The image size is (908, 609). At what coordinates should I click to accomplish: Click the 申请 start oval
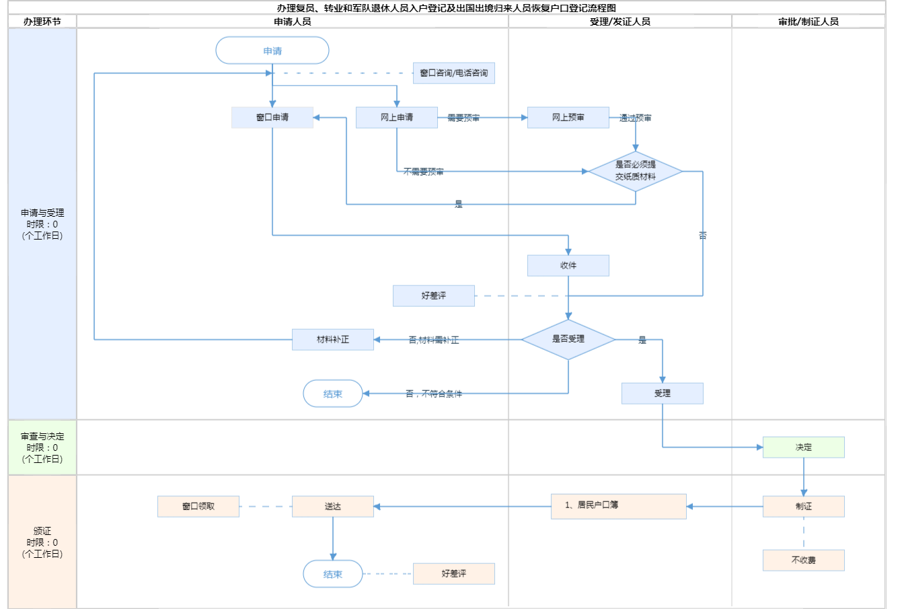(272, 50)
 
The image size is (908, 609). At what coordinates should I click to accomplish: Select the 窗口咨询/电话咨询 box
(454, 73)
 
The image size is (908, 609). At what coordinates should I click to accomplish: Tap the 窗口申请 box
(272, 117)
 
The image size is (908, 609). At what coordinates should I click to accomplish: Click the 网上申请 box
(397, 117)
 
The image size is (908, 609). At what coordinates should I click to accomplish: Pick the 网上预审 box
(568, 117)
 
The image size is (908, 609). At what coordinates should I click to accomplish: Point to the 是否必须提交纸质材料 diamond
(636, 171)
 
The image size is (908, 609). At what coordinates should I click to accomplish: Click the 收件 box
(568, 265)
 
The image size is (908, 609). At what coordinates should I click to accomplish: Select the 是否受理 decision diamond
(568, 339)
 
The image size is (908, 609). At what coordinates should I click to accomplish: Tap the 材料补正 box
(333, 339)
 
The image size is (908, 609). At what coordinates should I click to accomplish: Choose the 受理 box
(663, 393)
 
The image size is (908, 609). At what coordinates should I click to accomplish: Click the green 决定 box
(804, 447)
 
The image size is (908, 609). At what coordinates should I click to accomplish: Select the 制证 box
(804, 506)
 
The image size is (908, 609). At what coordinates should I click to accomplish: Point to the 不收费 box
(804, 560)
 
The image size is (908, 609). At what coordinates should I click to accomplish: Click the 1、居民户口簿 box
(619, 506)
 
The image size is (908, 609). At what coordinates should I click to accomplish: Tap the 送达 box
(333, 506)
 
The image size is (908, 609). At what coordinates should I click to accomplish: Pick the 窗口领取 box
(198, 506)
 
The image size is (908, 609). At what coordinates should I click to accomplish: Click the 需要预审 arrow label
(463, 118)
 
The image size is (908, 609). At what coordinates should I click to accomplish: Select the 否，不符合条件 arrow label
(434, 394)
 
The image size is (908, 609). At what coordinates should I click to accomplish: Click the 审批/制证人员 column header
(808, 22)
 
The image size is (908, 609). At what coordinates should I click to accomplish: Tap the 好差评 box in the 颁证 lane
(454, 573)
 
